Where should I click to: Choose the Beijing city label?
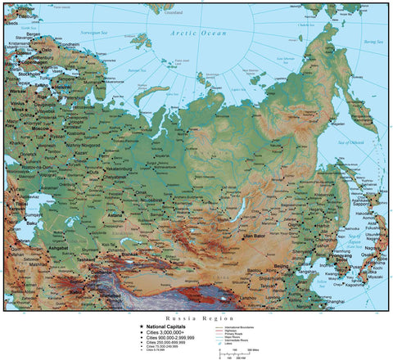coord(292,270)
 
